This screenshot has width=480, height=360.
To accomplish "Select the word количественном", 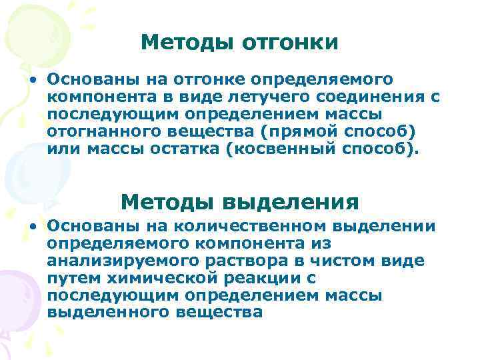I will tap(249, 226).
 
